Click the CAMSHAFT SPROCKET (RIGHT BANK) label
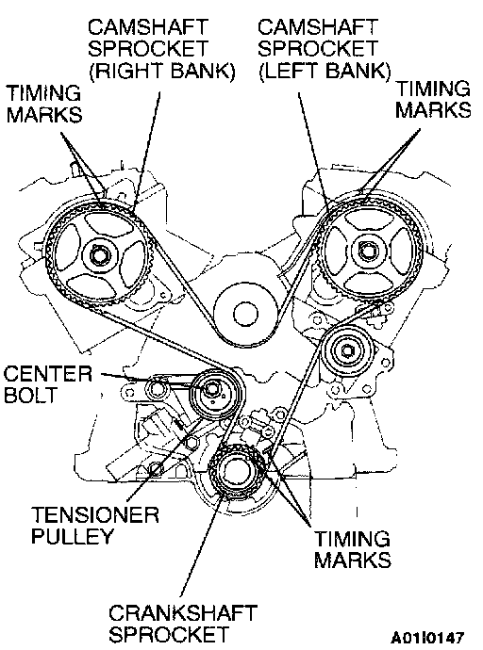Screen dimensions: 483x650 point(161,49)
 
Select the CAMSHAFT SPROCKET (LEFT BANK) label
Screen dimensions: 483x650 point(324,49)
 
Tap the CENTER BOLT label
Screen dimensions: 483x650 point(48,383)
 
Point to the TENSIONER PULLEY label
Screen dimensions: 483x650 point(95,525)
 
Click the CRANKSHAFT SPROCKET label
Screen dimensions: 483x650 point(183,623)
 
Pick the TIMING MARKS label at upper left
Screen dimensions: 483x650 point(43,103)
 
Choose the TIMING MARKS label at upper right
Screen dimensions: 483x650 point(433,99)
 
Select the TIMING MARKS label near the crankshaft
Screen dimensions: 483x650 point(352,549)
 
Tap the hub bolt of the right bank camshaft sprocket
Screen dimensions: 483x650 point(99,255)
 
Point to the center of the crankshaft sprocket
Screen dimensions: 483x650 point(235,471)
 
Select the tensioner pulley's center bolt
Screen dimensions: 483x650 point(211,390)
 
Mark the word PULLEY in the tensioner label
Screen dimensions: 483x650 point(72,536)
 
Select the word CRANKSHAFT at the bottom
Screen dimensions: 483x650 point(183,613)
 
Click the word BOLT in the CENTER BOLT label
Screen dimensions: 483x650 point(30,395)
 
